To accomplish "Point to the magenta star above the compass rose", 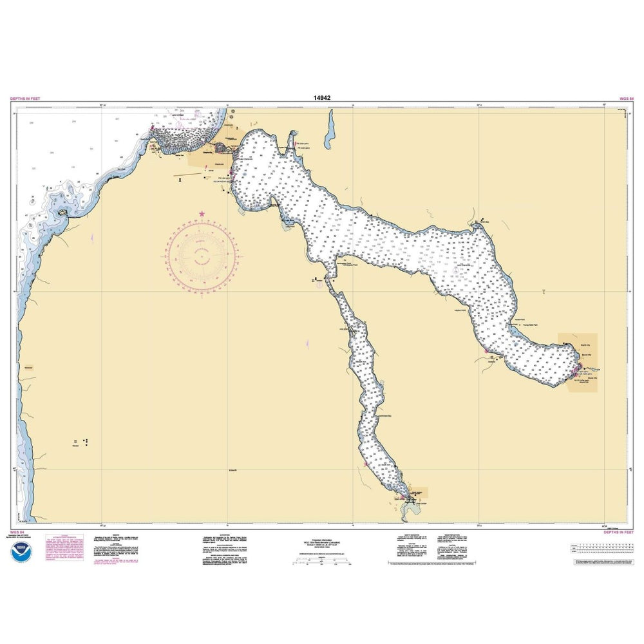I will coord(203,213).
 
